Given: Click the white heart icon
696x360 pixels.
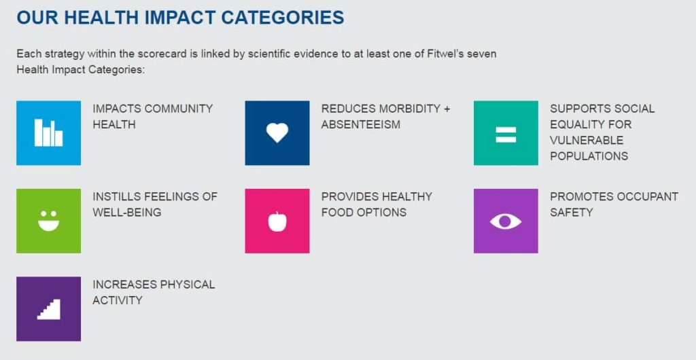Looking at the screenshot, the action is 277,132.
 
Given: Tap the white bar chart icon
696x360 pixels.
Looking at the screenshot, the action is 48,132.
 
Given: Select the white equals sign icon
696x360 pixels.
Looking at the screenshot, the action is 506,134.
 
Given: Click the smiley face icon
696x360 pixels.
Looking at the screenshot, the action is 48,220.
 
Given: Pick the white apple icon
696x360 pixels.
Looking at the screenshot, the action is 277,221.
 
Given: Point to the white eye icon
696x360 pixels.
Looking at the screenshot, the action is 506,221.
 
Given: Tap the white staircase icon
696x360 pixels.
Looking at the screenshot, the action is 48,309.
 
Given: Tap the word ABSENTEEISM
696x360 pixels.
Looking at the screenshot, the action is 361,124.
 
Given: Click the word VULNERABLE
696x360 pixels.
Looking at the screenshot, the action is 587,141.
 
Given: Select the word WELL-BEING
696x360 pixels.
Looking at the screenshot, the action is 127,213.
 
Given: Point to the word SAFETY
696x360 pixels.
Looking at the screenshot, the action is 571,213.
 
